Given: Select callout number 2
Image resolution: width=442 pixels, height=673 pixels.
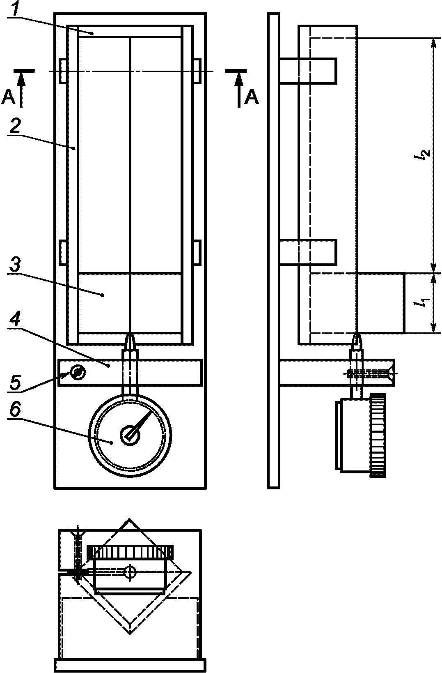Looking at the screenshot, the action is (15, 126).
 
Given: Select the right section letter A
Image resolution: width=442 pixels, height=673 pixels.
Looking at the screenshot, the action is (252, 97).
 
